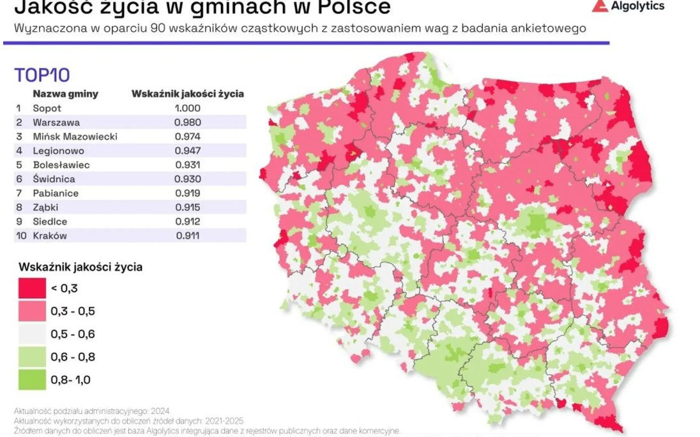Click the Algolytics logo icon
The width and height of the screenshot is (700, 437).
598,6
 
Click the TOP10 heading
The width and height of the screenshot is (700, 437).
42,75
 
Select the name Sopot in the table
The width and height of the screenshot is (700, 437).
47,108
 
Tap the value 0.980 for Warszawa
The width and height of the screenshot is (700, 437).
188,122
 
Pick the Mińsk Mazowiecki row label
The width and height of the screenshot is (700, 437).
75,137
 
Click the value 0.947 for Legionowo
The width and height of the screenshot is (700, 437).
188,151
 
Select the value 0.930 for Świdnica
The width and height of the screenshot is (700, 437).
188,179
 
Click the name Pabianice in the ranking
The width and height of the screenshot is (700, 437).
56,193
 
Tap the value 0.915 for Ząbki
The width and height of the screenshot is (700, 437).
188,207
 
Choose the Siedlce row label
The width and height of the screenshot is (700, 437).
50,221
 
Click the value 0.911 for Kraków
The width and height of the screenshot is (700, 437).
188,236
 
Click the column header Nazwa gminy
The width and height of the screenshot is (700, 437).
66,94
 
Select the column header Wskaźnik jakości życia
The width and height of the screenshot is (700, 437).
187,94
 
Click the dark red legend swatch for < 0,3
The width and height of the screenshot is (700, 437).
30,288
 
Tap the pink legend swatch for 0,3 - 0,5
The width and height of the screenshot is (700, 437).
30,311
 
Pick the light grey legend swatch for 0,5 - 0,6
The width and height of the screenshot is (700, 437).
30,334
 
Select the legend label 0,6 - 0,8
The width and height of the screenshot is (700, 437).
73,357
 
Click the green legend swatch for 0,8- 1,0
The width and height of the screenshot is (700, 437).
30,380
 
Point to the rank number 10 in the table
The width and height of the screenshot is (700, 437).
20,236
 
